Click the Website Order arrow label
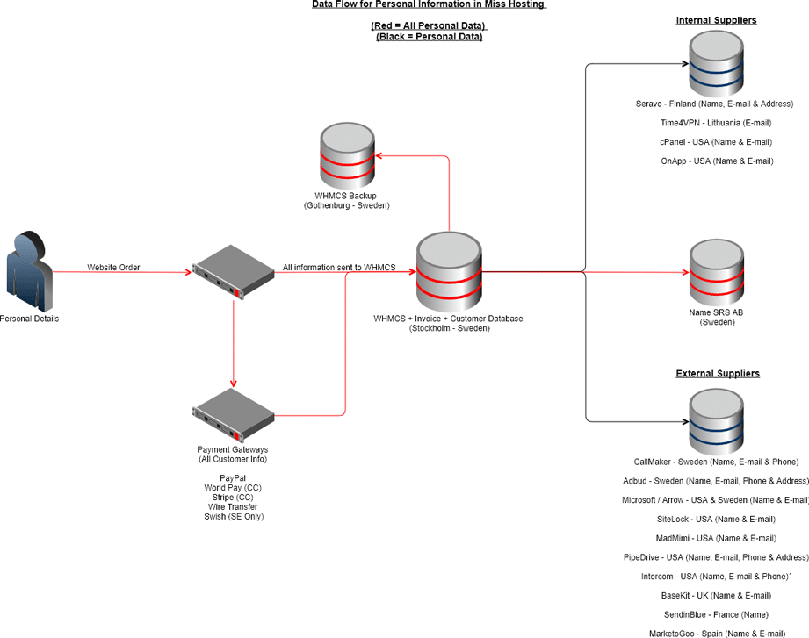[113, 267]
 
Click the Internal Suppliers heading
[716, 20]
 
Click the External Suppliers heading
[717, 374]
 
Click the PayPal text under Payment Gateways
[233, 478]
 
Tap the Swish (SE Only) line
[233, 516]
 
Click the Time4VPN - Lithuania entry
[716, 123]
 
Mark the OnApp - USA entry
[716, 161]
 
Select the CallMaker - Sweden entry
[716, 462]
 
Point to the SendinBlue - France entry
[716, 613]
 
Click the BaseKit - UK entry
[716, 595]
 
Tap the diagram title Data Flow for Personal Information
[429, 4]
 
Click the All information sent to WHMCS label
[339, 267]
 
